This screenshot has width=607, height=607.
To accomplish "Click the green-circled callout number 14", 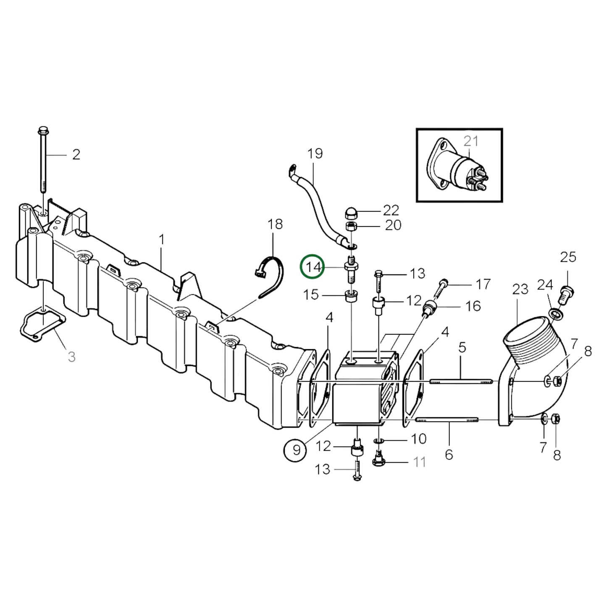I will click(x=312, y=267).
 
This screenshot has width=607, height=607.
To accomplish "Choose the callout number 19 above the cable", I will click(x=315, y=154).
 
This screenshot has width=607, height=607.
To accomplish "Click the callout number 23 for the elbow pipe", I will click(x=520, y=289).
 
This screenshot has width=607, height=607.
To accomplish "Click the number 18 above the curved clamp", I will click(x=275, y=224).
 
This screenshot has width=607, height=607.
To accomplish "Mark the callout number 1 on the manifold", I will click(x=162, y=240).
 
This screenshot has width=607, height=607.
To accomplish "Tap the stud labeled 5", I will click(x=461, y=381).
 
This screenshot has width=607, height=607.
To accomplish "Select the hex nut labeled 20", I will click(x=351, y=227).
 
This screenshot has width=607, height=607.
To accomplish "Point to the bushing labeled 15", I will click(x=350, y=296).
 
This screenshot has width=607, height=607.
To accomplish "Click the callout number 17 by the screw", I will click(x=483, y=284).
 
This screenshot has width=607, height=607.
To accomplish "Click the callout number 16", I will click(x=473, y=306).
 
